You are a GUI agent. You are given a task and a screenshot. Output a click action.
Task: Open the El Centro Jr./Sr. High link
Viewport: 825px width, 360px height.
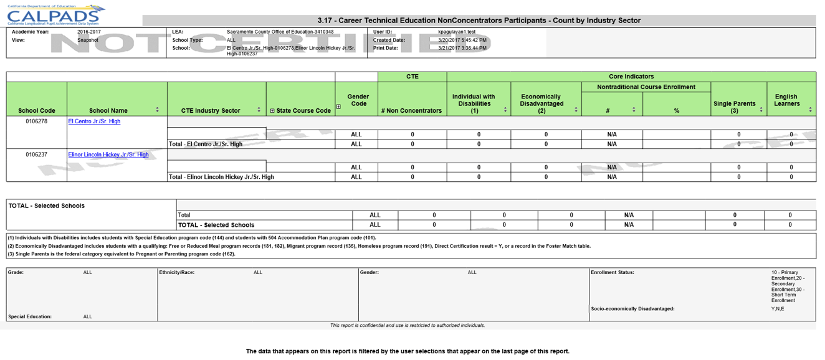tap(94, 121)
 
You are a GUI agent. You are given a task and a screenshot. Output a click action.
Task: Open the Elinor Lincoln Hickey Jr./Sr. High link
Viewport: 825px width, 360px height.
tap(108, 154)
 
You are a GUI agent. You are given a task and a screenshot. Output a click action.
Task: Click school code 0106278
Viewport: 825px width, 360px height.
tap(37, 121)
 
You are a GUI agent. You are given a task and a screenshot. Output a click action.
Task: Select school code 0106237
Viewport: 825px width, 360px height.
tap(37, 154)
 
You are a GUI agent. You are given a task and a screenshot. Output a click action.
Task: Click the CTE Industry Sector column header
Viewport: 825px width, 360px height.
tap(211, 111)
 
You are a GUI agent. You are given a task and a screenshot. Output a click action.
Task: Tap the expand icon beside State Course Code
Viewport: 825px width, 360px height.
tap(272, 111)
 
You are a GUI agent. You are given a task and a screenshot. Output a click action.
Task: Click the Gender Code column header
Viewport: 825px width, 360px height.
tap(358, 100)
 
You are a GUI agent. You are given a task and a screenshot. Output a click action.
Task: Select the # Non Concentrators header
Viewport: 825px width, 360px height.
tap(412, 111)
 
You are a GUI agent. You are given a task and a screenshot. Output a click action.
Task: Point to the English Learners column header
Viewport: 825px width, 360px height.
tap(786, 100)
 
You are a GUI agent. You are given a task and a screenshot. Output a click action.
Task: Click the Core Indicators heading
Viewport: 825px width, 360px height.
tap(631, 77)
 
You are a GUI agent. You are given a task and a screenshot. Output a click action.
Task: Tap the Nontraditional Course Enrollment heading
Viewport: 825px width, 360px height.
tap(646, 87)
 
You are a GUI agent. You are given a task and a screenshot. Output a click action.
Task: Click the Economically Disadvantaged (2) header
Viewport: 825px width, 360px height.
tap(541, 103)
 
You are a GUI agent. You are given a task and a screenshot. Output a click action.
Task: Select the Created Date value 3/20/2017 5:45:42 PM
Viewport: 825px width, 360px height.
tap(462, 40)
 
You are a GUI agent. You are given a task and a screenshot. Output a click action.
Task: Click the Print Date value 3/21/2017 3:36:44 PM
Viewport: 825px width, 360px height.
tap(462, 48)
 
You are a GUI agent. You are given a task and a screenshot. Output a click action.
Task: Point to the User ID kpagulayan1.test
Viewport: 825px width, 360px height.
tap(457, 32)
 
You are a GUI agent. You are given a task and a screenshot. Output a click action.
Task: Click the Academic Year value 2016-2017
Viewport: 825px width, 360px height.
tap(89, 32)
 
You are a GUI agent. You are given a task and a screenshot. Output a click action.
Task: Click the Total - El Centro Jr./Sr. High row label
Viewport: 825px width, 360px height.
tap(206, 144)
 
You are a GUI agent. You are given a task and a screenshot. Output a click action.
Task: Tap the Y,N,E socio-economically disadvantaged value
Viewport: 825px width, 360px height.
tap(778, 309)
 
